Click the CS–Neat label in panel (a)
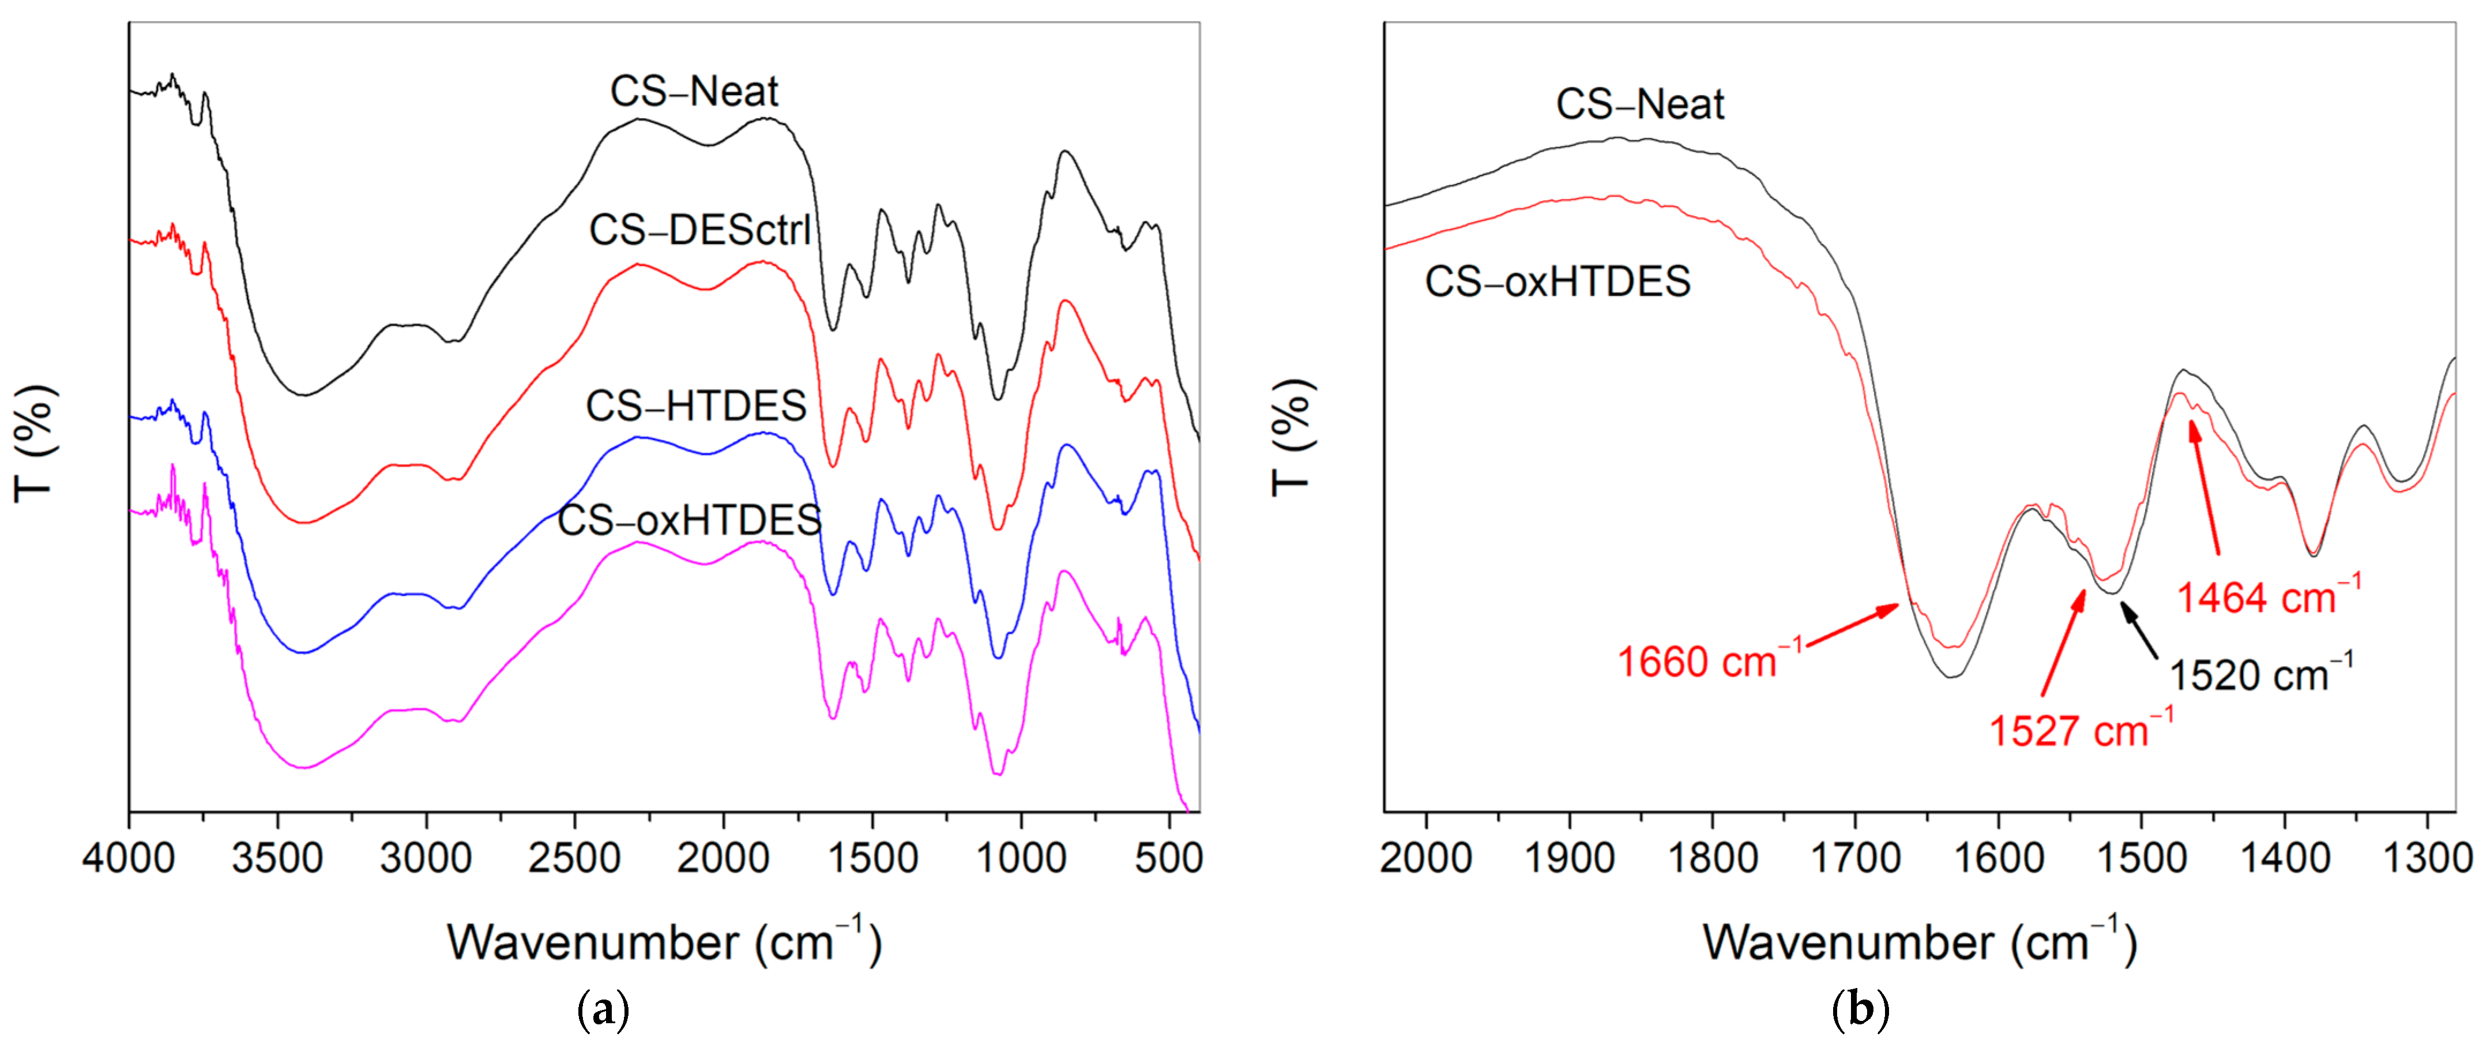point(694,92)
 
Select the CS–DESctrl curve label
point(700,230)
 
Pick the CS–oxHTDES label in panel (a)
point(689,521)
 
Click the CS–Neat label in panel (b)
point(1639,104)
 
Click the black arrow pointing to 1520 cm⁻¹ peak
point(2139,630)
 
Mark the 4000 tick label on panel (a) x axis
point(129,858)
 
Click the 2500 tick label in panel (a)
point(574,858)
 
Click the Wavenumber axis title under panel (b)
point(1920,942)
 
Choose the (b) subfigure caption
point(1860,1011)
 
